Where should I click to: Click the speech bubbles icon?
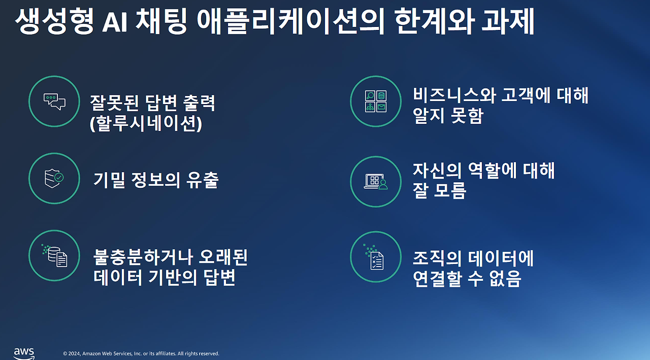click(54, 101)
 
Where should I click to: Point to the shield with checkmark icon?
click(54, 178)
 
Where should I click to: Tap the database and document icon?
click(54, 255)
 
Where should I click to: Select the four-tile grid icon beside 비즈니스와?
click(376, 101)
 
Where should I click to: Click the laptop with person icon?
click(376, 181)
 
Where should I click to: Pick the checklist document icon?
click(376, 256)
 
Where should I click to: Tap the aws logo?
click(24, 353)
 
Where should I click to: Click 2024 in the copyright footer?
click(75, 353)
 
